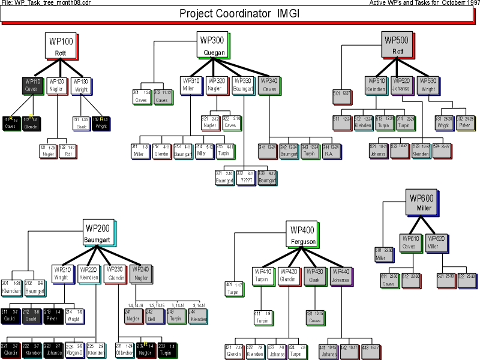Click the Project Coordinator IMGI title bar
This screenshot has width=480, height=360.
[239, 14]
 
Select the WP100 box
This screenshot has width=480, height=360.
[60, 46]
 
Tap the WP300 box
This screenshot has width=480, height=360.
[213, 45]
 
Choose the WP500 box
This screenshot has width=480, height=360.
[397, 45]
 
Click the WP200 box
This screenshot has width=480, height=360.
[98, 233]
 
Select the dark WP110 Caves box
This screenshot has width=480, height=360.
[32, 85]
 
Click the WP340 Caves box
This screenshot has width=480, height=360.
[269, 85]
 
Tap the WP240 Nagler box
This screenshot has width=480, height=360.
[140, 274]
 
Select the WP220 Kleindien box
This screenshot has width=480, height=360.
[88, 274]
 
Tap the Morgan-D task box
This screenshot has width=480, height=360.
[73, 350]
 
